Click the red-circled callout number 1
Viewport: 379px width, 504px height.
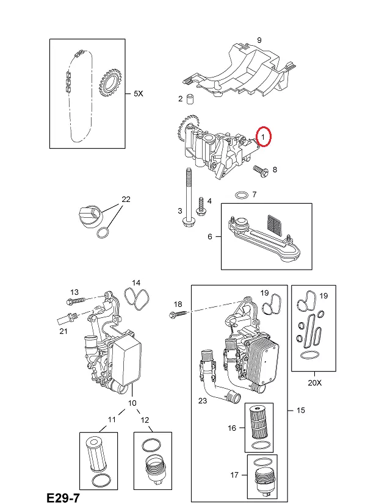click(x=263, y=137)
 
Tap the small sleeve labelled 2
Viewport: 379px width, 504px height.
click(x=190, y=99)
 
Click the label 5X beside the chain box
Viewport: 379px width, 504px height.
click(x=139, y=93)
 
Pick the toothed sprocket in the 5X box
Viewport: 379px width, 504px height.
click(x=110, y=85)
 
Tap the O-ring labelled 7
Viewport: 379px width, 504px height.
click(x=242, y=195)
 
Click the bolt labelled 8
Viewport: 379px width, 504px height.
click(x=261, y=171)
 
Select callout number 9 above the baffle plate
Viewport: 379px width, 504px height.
click(x=259, y=40)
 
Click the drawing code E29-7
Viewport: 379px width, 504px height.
click(x=63, y=497)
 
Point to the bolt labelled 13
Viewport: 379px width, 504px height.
click(x=76, y=301)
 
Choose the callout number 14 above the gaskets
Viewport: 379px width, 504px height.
click(x=136, y=283)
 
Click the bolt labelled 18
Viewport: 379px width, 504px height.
click(x=178, y=314)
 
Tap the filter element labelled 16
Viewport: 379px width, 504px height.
click(x=259, y=421)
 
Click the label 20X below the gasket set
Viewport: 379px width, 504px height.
click(x=314, y=383)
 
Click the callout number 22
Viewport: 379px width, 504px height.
click(x=126, y=200)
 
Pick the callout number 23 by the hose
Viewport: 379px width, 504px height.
click(x=203, y=400)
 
